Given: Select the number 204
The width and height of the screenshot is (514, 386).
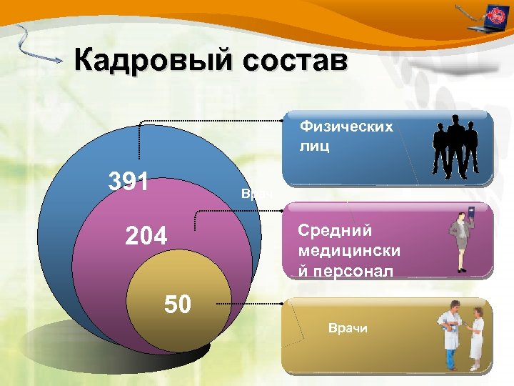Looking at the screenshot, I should coord(146,235).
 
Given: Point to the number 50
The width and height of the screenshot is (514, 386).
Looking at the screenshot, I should coord(178,305).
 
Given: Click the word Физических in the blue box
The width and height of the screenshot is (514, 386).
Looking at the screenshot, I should coord(346,127).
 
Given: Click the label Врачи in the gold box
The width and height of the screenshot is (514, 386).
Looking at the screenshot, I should coord(348,328).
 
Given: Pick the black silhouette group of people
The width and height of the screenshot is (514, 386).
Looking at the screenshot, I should coord(454,148).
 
